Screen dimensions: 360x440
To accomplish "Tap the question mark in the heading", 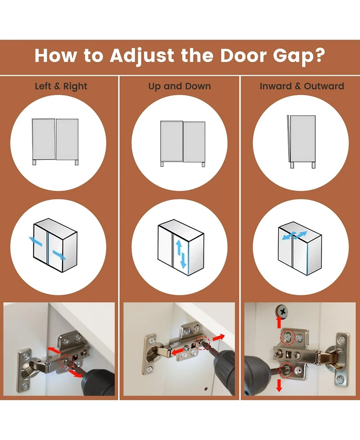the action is [x=320, y=55].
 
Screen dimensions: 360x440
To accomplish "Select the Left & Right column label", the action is [x=61, y=86].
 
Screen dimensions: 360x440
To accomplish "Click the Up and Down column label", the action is [x=180, y=86].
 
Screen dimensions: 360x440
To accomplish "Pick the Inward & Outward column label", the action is [x=302, y=86].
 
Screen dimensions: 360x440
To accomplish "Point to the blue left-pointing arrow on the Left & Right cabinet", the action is [x=36, y=241].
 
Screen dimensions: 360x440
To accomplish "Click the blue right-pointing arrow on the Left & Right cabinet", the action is [x=59, y=255].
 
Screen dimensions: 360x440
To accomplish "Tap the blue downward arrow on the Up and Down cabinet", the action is [x=183, y=260].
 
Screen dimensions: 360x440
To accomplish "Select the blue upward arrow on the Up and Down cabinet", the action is [x=179, y=247].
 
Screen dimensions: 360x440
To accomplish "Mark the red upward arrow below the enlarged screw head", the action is [x=279, y=322].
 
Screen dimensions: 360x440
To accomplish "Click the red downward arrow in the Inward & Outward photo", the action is [x=279, y=385].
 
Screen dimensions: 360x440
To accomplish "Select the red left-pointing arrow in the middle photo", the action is [x=177, y=351].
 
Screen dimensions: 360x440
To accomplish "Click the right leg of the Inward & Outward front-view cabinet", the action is [x=314, y=165].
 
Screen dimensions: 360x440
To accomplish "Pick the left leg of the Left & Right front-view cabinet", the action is [x=35, y=162].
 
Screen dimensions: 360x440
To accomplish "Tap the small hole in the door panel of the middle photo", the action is [x=206, y=389].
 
